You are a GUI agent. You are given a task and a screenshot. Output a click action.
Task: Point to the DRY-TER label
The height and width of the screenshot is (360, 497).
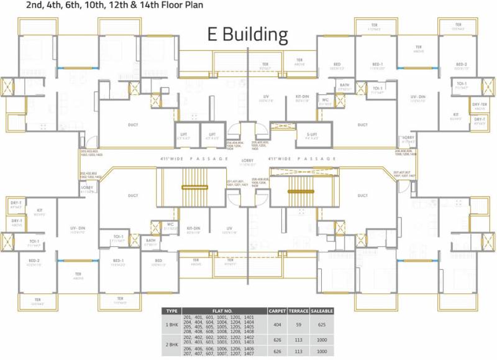pos(479,105)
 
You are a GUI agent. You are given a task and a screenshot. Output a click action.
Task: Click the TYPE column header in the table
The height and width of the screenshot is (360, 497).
pos(173,311)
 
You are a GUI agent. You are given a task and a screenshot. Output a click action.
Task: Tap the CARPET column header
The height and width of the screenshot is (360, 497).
pos(276,311)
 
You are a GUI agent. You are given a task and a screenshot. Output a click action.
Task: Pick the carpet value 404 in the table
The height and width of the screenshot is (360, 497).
pos(276,324)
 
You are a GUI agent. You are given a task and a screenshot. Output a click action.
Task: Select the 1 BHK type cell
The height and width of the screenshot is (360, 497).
pos(173,324)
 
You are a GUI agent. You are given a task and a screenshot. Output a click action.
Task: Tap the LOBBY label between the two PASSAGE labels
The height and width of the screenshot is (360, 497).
pos(248,159)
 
